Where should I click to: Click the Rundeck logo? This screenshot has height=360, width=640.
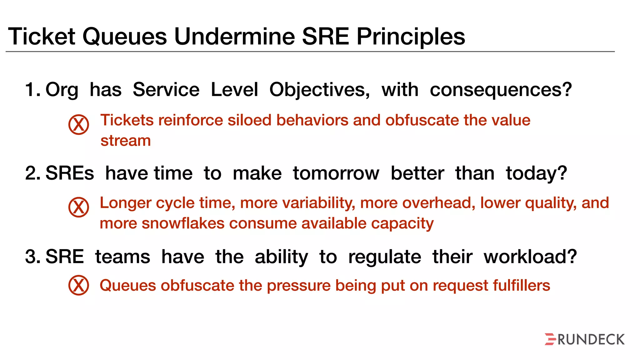pos(584,339)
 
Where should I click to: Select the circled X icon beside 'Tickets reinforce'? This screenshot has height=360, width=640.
pos(79,124)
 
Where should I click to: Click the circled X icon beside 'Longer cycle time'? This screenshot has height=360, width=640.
pos(79,207)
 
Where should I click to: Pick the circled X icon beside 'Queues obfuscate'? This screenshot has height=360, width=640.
pos(79,285)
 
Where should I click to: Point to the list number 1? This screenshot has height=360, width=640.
pos(32,90)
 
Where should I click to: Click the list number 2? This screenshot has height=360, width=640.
pos(32,173)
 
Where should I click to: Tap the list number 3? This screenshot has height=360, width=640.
pos(32,257)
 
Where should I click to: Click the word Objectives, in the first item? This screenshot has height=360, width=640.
pos(319,90)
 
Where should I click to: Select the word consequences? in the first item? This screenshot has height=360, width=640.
pos(501,90)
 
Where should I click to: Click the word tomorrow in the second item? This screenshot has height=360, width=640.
pos(336,173)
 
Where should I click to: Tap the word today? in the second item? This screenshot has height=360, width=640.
pos(536,173)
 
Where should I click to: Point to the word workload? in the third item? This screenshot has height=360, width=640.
pos(530,257)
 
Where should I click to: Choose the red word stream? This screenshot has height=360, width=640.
pos(126,141)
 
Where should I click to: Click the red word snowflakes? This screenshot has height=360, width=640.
pos(183,223)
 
